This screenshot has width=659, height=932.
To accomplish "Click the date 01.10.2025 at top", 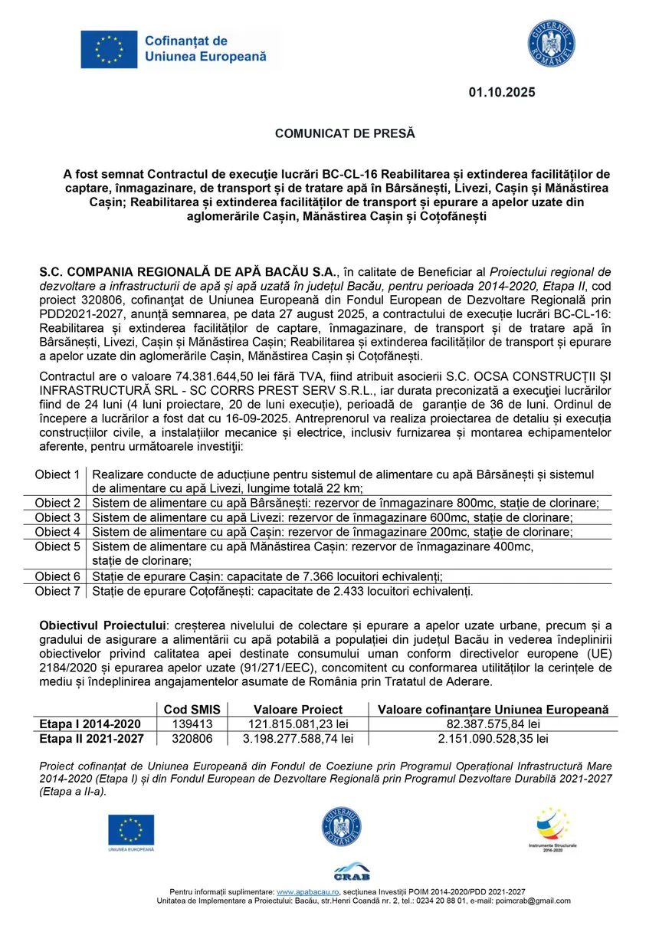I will [502, 93].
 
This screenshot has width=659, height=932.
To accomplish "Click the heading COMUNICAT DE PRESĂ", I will [344, 133].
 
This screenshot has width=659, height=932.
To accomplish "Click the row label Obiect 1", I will [57, 475].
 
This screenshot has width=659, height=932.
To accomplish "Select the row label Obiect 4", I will [57, 532].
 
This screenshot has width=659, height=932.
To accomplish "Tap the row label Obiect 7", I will [57, 591].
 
